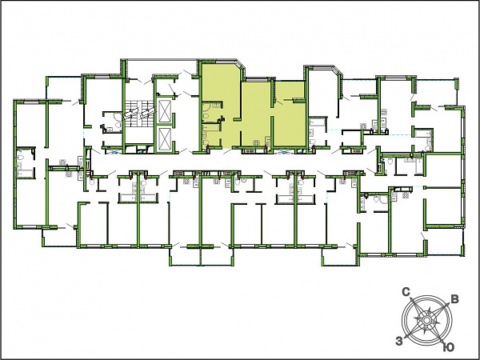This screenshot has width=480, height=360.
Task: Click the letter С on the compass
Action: click(406, 292)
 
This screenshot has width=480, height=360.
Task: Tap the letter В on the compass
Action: click(455, 299)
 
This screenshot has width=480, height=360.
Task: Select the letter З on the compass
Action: click(398, 341)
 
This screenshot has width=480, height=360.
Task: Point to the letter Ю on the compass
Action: click(449, 347)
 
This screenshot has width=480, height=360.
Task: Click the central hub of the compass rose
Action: click(426, 320)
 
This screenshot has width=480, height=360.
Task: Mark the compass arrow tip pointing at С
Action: click(411, 298)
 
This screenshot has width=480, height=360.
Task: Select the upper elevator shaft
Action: click(164, 111)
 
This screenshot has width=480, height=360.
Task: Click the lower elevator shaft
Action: click(164, 140)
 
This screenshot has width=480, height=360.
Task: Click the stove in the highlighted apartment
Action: click(256, 142)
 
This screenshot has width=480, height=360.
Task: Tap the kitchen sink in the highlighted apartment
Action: click(268, 141)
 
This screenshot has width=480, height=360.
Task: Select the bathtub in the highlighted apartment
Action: click(211, 127)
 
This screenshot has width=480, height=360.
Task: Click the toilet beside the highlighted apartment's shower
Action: click(206, 116)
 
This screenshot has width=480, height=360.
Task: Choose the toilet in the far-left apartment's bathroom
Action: click(21, 158)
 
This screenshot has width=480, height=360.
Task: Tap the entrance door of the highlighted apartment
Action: click(227, 150)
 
